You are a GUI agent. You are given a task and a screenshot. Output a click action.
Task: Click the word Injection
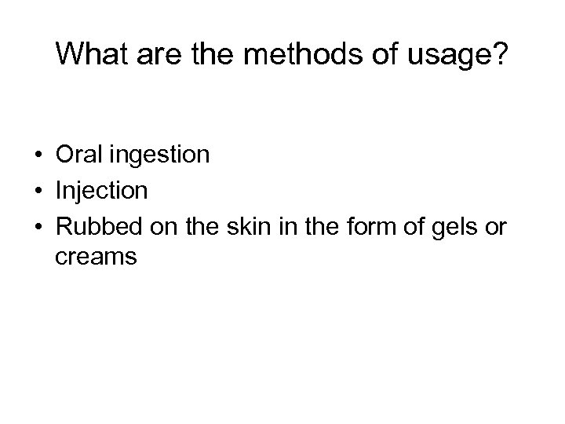101,189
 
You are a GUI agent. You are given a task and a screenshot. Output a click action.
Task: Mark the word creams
97,257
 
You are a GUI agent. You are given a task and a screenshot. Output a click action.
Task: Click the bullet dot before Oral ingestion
38,155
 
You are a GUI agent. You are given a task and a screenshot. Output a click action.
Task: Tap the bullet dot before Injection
38,189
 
